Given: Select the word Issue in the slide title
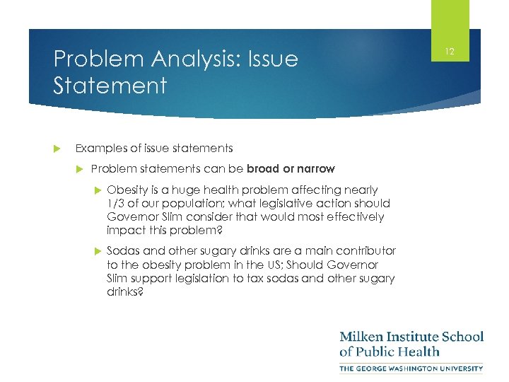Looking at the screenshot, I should pos(271,59).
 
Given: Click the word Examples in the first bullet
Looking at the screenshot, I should pos(100,148).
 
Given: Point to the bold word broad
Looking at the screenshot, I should pos(263,168).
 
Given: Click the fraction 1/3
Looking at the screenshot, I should pos(115,203).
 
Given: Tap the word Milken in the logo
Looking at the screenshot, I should pos(364,337).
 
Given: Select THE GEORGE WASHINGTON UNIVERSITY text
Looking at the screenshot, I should pos(411,368).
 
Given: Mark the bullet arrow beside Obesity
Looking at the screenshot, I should pos(97,190).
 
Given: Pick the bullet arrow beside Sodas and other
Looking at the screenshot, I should pos(97,251).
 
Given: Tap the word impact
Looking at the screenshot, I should pos(122,231).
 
